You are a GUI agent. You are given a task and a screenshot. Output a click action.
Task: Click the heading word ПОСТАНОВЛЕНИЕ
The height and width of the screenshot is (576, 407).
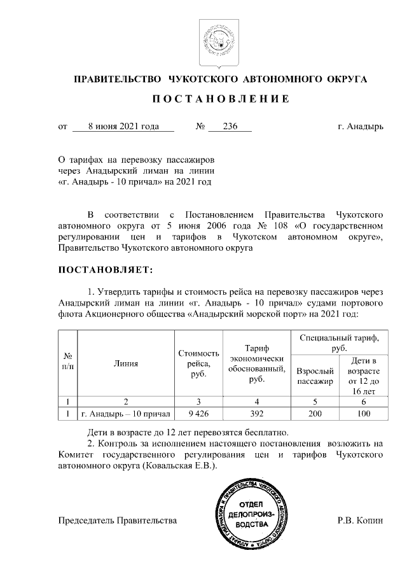click(221, 99)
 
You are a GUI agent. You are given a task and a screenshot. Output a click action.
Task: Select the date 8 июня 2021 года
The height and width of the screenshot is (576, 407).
click(123, 126)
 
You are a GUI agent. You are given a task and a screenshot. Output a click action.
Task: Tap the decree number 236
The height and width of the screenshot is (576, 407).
click(230, 126)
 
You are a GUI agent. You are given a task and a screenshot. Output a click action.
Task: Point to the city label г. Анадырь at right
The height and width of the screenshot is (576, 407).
click(361, 126)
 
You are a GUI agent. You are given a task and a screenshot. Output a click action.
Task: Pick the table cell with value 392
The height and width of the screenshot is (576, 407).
click(257, 414)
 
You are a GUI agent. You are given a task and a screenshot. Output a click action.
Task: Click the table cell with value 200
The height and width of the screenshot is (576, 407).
click(315, 414)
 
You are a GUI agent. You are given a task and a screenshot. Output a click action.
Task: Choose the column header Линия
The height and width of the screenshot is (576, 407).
click(126, 365)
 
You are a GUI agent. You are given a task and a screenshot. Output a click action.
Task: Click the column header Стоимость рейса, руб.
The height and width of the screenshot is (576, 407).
click(199, 364)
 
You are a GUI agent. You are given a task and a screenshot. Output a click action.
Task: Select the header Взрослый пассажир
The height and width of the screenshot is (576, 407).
click(315, 376)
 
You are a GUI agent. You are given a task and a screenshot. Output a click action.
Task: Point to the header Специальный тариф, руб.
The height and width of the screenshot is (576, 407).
click(338, 343)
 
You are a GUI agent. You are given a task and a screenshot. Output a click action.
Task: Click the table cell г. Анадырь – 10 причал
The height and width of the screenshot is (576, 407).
click(126, 414)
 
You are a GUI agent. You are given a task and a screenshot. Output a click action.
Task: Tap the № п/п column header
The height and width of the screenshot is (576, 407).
click(67, 365)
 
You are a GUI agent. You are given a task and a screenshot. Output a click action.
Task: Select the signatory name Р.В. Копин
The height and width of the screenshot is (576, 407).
click(361, 521)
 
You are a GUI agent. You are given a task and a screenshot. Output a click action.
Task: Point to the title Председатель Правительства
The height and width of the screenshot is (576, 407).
click(117, 521)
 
